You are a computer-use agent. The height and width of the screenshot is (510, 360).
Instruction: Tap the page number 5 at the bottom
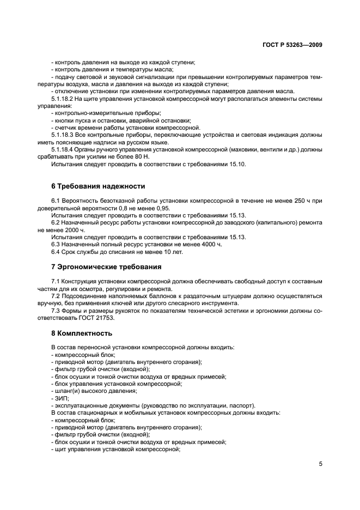[321, 465]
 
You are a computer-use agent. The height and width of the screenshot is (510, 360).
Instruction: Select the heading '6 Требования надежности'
[98, 186]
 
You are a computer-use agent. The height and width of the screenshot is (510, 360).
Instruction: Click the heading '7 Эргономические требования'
[106, 267]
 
